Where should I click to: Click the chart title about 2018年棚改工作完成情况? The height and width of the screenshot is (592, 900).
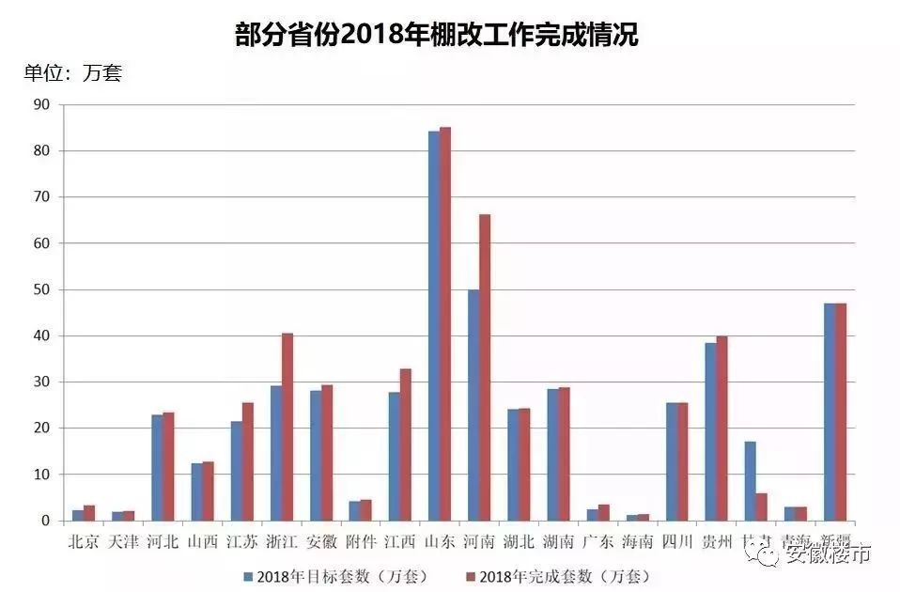[x=437, y=35]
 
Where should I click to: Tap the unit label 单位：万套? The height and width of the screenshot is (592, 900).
[x=72, y=72]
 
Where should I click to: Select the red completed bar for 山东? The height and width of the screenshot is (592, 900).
[x=445, y=324]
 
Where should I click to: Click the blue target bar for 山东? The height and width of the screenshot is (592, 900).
[x=434, y=326]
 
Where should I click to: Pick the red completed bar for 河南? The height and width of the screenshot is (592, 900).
[x=485, y=367]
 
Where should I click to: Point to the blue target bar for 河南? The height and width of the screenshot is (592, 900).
[x=473, y=405]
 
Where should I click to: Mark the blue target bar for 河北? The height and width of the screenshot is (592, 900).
[x=157, y=468]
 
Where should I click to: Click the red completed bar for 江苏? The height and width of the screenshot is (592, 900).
[x=247, y=461]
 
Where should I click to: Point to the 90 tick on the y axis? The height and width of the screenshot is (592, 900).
[x=40, y=104]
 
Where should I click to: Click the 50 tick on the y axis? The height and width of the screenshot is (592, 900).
[x=40, y=289]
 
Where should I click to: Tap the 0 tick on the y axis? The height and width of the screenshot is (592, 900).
[x=44, y=521]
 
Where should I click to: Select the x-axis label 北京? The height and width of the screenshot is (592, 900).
[x=84, y=541]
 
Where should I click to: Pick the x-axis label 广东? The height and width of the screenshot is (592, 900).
[x=598, y=541]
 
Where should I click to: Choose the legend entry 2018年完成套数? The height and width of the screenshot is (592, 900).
[x=556, y=576]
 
